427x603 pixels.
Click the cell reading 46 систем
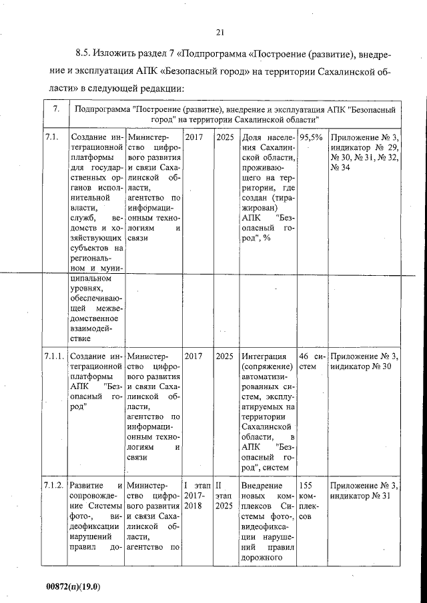(x=312, y=361)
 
